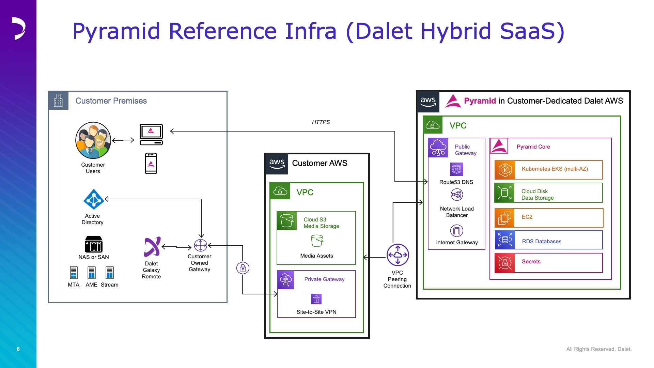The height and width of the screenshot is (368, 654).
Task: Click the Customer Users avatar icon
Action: tap(93, 140)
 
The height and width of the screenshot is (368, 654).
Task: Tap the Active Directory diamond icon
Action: tap(94, 199)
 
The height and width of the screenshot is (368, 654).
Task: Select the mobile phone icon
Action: tap(151, 164)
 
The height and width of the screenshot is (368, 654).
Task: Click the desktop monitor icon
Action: tap(151, 135)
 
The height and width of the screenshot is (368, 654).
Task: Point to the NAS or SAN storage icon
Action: tap(94, 244)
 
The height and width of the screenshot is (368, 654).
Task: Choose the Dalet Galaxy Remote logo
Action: tap(152, 247)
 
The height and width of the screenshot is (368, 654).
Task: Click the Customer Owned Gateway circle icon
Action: tap(201, 245)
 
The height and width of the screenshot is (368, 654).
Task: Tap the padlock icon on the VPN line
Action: tap(243, 268)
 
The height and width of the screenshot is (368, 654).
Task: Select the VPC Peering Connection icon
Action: tap(398, 255)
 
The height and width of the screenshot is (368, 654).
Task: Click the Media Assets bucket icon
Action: tap(317, 241)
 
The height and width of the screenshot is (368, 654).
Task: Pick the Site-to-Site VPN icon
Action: tap(316, 299)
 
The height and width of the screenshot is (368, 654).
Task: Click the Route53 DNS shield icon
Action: tap(457, 169)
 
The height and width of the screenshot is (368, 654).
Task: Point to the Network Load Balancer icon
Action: tap(457, 195)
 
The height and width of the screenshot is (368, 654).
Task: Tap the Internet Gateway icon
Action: tap(457, 231)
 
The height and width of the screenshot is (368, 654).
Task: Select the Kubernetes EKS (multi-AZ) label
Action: tap(555, 169)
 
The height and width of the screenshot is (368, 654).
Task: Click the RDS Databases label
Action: tap(542, 242)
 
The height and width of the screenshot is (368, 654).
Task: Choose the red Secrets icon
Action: tap(505, 263)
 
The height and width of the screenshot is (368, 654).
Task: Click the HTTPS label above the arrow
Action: tap(321, 122)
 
